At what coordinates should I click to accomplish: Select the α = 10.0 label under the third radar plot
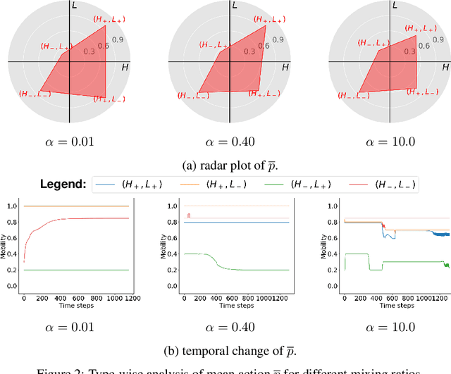point(391,142)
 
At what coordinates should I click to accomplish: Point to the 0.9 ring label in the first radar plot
point(118,39)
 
